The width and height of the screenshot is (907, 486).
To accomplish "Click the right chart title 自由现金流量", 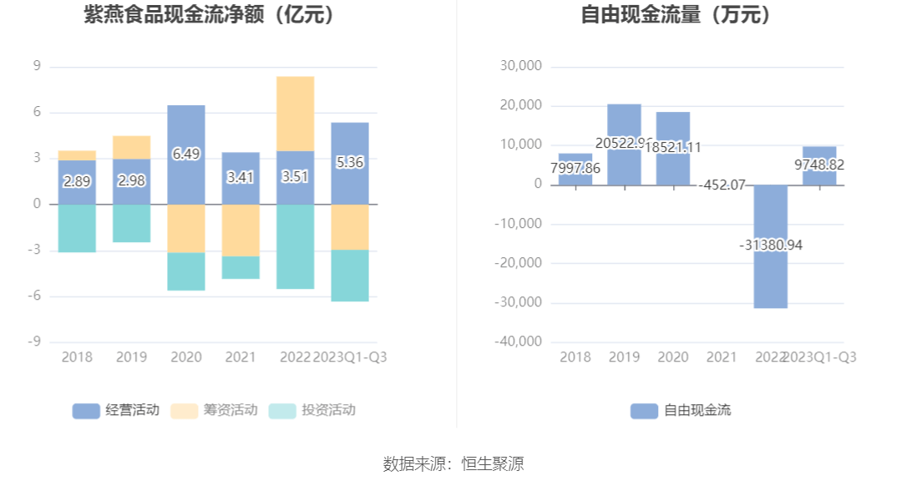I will (676, 14).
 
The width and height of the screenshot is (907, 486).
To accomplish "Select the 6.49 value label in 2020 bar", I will (186, 154).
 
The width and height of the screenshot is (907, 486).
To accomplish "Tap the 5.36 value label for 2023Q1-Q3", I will (350, 162).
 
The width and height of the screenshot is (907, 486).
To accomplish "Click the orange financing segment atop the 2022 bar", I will (296, 114).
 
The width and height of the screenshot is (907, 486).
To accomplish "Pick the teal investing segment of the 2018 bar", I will (77, 228).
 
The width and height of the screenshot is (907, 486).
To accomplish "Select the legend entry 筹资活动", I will (214, 410).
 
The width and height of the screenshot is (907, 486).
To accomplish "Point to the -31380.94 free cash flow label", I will (771, 245).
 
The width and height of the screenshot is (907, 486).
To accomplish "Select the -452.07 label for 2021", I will (722, 185).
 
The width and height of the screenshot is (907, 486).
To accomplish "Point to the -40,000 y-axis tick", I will (518, 342).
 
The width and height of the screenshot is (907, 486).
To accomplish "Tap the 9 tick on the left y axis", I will (37, 66).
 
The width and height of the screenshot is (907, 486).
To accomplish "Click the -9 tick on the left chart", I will (34, 342).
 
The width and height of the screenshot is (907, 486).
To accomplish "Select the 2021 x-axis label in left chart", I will (241, 357).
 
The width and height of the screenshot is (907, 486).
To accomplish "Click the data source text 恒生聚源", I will (493, 464).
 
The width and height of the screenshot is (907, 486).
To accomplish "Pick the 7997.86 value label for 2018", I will (575, 167).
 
